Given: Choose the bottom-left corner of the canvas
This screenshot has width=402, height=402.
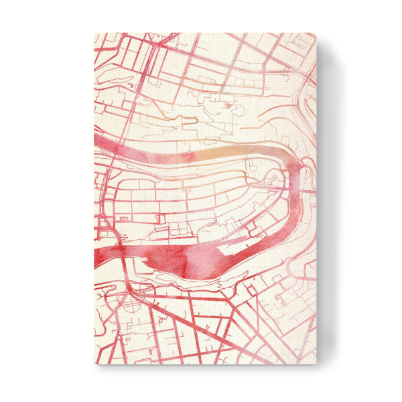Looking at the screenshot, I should click(x=94, y=364).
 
